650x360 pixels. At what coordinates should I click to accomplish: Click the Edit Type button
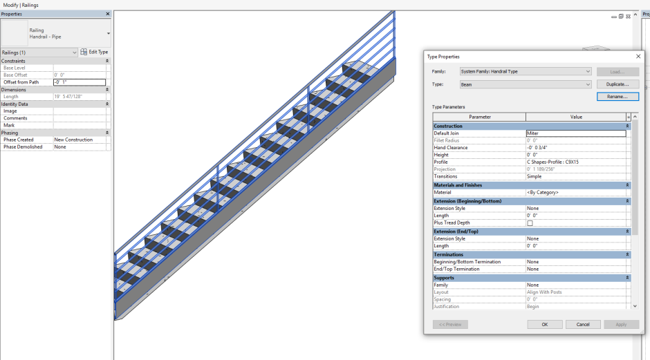point(94,52)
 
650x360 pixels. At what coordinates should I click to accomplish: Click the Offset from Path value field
point(80,82)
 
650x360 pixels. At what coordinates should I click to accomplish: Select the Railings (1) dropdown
point(39,53)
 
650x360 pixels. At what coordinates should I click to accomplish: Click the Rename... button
point(617,97)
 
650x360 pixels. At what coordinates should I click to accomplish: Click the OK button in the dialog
point(544,324)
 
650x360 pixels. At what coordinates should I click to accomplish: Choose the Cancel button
point(583,324)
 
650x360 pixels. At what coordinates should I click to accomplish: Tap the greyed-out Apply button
point(621,324)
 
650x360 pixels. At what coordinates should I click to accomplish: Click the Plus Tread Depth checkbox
point(530,223)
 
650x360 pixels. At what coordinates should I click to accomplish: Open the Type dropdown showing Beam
point(526,84)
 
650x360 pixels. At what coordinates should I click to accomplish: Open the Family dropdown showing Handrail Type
point(526,71)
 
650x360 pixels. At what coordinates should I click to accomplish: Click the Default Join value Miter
point(575,133)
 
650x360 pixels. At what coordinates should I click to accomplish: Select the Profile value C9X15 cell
point(575,162)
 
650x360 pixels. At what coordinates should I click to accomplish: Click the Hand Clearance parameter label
point(451,148)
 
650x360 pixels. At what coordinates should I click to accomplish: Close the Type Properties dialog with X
point(638,57)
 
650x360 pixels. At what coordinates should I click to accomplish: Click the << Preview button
point(450,324)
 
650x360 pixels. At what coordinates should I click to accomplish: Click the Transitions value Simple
point(575,177)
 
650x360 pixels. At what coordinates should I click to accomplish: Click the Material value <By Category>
point(575,193)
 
